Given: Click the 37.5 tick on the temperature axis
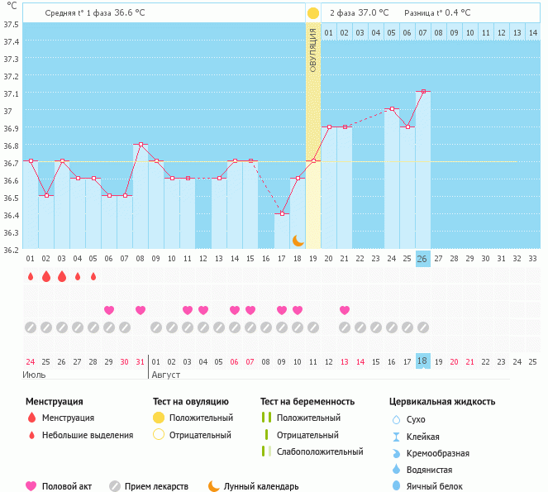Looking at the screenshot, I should coord(12,24).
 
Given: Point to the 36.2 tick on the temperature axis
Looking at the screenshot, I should coord(12,249).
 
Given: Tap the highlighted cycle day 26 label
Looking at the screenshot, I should coord(422,258).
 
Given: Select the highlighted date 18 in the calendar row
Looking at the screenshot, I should coord(422,361).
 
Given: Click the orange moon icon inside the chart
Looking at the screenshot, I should coord(298,240).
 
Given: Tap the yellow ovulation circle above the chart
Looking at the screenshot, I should coord(312,13).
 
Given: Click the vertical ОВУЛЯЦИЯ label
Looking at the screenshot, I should coord(313,50).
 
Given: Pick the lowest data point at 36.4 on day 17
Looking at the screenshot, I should coord(282,214).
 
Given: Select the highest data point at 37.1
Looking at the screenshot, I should coord(422,92).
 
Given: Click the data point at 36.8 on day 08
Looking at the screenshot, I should coord(141,145).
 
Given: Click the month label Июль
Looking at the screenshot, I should coord(34,375).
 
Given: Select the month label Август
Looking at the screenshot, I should coord(164,375).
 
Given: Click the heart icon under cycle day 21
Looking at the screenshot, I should coord(345,310).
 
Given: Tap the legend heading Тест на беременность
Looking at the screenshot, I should coord(307,402).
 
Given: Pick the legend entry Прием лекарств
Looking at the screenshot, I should coord(156,487).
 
